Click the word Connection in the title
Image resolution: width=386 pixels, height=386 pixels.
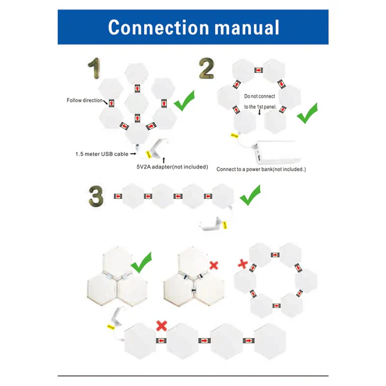tap(158, 28)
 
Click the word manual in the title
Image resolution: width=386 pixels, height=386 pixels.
tap(248, 28)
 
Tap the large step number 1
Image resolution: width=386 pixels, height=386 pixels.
tap(95, 69)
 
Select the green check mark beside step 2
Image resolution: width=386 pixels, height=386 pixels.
tap(307, 114)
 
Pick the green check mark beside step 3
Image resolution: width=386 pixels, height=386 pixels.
tap(250, 195)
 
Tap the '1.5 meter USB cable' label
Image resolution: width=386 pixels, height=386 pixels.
tap(102, 154)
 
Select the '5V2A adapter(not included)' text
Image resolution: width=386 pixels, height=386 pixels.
tap(172, 167)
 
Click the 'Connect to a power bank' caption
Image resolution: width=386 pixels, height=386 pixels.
tap(261, 169)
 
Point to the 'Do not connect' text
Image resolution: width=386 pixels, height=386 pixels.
tap(261, 96)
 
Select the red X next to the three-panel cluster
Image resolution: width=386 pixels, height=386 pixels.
tap(214, 265)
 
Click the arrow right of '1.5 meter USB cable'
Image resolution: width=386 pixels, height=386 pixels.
tap(133, 154)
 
